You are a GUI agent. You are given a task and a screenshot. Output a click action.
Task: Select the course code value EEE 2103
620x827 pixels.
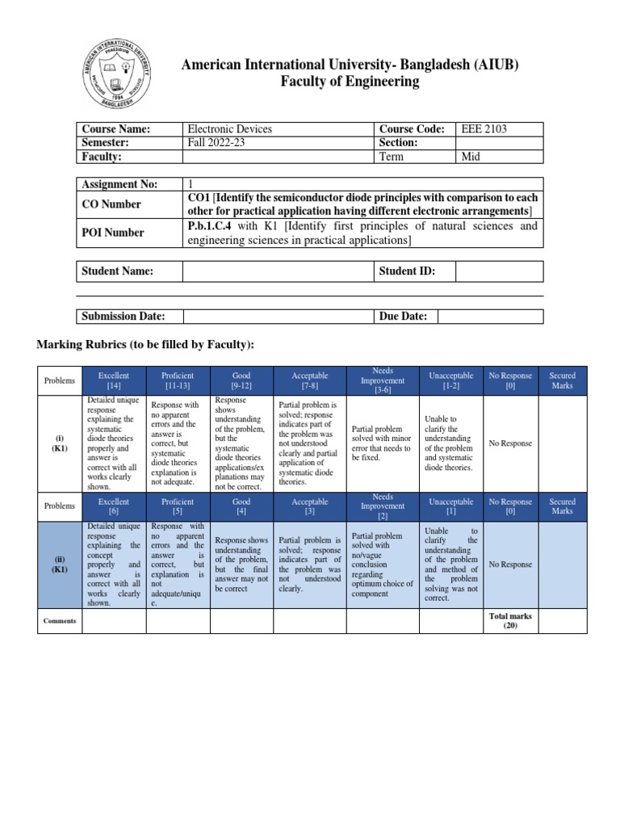[x=484, y=129]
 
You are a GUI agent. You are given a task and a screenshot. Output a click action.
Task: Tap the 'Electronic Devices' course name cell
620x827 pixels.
[x=229, y=129]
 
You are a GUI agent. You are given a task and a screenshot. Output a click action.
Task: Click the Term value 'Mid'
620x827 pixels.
[x=471, y=157]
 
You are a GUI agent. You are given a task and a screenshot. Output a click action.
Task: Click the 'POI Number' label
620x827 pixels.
[x=112, y=233]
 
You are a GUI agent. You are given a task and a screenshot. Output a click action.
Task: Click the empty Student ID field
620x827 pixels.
[x=499, y=271]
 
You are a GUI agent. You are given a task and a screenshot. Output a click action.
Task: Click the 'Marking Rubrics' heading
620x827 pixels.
[x=146, y=345]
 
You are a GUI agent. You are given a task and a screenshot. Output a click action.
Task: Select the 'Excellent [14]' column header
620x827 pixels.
[x=114, y=380]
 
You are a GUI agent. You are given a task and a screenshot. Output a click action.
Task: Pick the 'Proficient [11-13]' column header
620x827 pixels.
[x=178, y=380]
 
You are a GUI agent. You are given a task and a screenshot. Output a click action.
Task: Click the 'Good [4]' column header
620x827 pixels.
[x=241, y=506]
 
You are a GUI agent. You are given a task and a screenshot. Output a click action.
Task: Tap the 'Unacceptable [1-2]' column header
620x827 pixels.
[x=450, y=380]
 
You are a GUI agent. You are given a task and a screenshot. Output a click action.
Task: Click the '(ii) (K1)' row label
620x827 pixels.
[x=61, y=565]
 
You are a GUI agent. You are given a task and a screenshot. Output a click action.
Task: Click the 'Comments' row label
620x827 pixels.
[x=61, y=620]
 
